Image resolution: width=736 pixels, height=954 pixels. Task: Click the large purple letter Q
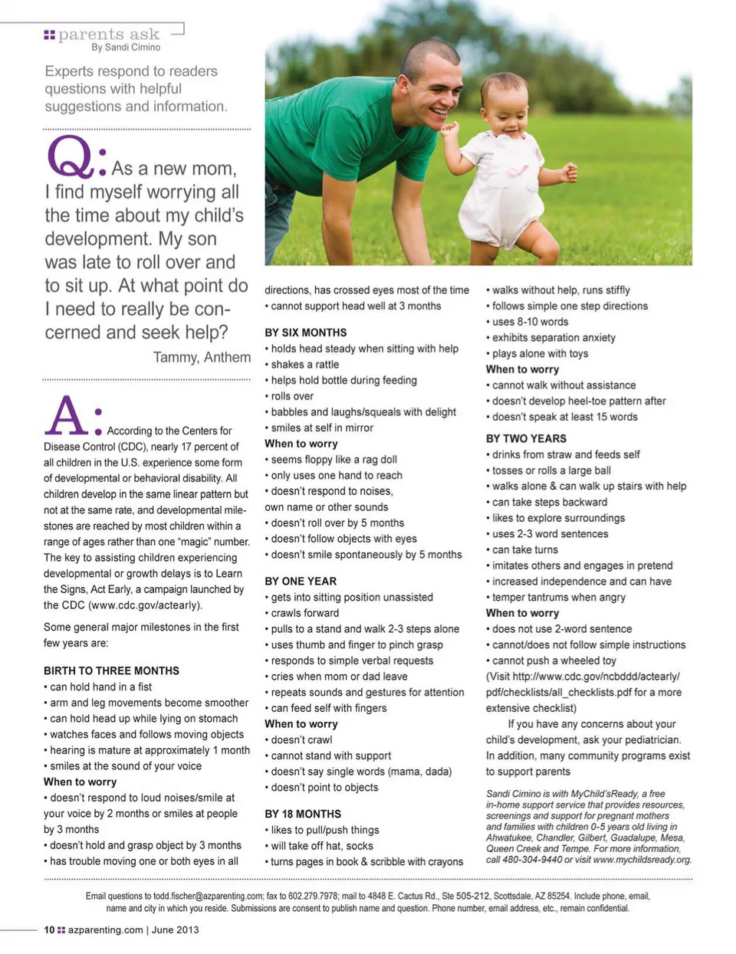point(70,158)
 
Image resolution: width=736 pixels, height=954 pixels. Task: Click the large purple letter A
point(68,417)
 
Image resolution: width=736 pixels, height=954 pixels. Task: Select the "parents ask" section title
point(109,34)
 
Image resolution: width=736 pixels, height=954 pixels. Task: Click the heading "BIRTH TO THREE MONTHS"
point(111,670)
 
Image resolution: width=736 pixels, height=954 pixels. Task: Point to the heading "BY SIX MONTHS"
point(305,333)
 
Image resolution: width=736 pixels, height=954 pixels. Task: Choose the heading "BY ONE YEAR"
point(301,581)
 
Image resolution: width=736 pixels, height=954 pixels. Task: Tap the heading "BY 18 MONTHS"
point(303,814)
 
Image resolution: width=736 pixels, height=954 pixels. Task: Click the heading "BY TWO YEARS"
point(526,438)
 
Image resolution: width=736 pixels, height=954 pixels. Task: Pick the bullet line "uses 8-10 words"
point(530,322)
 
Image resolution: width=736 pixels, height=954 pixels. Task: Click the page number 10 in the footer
point(49,929)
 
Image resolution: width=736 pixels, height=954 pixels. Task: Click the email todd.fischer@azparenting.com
point(207,896)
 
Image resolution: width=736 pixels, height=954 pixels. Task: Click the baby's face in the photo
point(506,107)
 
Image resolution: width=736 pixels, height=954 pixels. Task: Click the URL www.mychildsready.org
point(642,860)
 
